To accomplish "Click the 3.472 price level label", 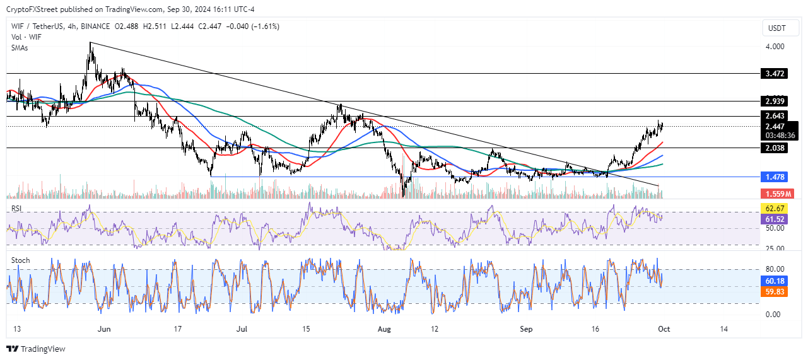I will [775, 74].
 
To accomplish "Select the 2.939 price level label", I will [775, 102].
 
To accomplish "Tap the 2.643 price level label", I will [775, 116].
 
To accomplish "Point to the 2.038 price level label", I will [775, 148].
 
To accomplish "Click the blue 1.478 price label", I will [775, 177].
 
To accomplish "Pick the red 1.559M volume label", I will [776, 194].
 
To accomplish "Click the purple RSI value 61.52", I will [775, 219].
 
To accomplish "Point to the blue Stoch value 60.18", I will [775, 281].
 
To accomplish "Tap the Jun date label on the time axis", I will [105, 329].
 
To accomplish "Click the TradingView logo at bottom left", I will [36, 349].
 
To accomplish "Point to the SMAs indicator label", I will [20, 47].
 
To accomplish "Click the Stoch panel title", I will [21, 260].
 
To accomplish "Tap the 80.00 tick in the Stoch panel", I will [775, 269].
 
